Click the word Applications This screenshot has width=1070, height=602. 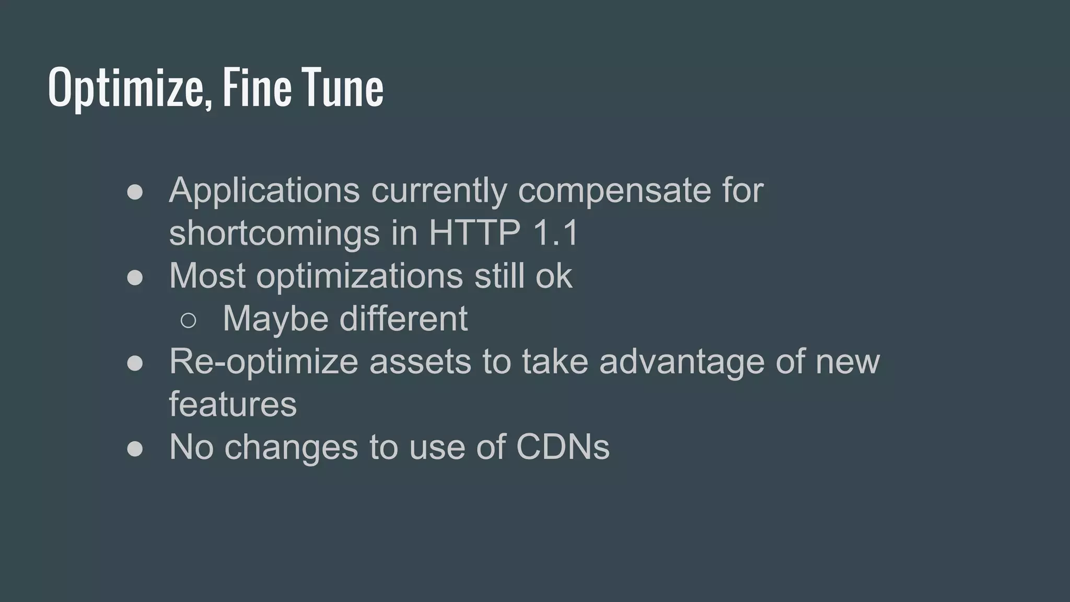click(x=264, y=190)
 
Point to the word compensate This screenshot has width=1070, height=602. click(x=614, y=191)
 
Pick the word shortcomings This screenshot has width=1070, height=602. click(x=274, y=233)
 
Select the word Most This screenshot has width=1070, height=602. click(x=207, y=275)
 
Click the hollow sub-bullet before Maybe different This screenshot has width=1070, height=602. click(x=188, y=320)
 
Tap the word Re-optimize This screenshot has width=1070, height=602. click(x=263, y=362)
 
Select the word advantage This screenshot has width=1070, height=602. click(x=682, y=362)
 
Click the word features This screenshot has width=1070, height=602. click(x=232, y=404)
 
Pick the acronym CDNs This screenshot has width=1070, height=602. click(x=563, y=447)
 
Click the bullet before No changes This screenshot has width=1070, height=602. click(x=135, y=449)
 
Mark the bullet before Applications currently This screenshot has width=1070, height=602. click(x=135, y=192)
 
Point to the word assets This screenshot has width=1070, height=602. click(x=420, y=362)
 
